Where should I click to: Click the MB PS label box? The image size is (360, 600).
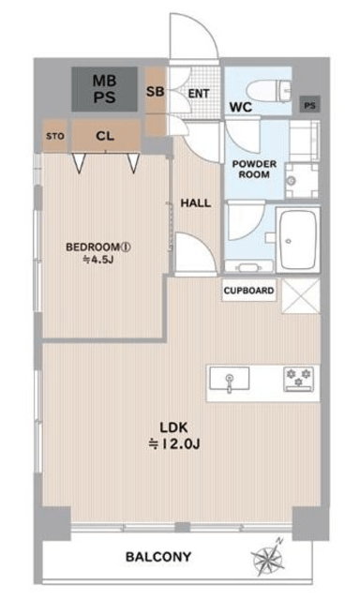coord(104,89)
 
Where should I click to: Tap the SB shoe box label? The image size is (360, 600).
coord(156,92)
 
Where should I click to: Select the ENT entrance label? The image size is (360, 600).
coord(199,94)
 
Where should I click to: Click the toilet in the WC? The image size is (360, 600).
coord(269,91)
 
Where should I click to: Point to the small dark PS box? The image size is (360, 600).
coord(310,104)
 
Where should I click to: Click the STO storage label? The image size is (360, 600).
coord(55,136)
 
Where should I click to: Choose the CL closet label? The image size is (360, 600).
coord(105,136)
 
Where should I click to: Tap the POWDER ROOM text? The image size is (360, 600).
coord(254,169)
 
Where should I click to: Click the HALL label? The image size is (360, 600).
coord(196,202)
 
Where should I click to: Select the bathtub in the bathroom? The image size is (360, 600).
coord(297,240)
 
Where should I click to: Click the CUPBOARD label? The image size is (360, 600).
coord(248,291)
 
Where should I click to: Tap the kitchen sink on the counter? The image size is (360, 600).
coord(229,379)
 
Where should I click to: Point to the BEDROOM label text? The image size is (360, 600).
coord(98,247)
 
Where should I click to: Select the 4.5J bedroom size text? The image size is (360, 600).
coord(98,261)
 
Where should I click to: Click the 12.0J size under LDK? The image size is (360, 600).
coord(174,444)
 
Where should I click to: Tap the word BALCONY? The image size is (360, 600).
coord(158,557)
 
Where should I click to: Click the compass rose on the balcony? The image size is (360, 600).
coord(268,557)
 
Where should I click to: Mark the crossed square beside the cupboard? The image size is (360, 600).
coord(301,296)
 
